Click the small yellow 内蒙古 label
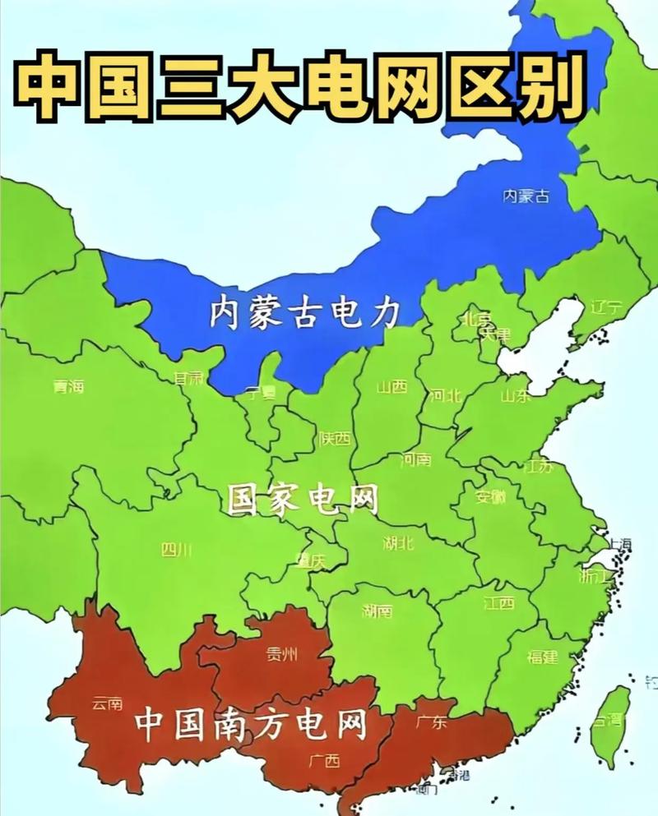[x=526, y=196]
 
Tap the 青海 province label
[x=68, y=386]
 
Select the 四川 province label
[x=176, y=549]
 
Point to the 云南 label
[x=107, y=703]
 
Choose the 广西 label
[x=324, y=760]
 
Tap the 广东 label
[x=431, y=723]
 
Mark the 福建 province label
[x=542, y=657]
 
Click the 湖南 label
[x=377, y=611]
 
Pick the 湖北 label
[x=398, y=542]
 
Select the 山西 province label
[x=392, y=387]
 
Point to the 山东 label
[x=516, y=395]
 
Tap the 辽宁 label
[x=607, y=308]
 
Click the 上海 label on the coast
[x=619, y=543]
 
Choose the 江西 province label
[x=498, y=603]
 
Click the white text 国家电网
[x=303, y=499]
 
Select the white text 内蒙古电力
[x=304, y=313]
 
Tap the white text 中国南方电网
[x=250, y=723]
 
